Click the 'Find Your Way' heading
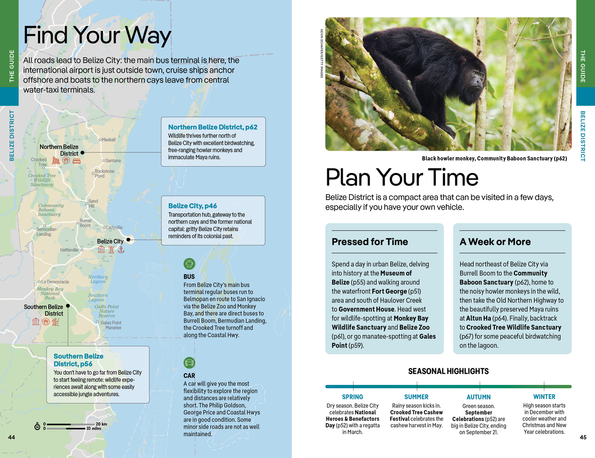point(97,36)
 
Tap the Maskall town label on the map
point(109,140)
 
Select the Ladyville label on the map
point(114,227)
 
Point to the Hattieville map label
point(69,250)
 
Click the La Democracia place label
point(55,282)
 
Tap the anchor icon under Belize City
point(121,250)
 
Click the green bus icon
point(189,264)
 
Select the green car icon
point(189,363)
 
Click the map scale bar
point(66,426)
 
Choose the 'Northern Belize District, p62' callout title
point(213,127)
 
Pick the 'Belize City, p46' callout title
point(192,206)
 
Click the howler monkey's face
point(476,80)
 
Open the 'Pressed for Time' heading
point(370,242)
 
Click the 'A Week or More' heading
point(495,242)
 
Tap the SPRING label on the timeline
point(352,397)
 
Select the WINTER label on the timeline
point(544,397)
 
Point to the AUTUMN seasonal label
point(478,397)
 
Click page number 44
point(12,437)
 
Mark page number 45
point(583,437)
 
